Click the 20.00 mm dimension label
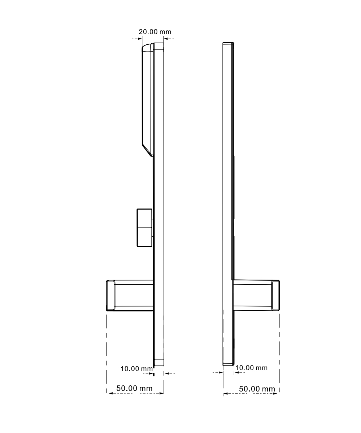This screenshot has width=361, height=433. (155, 32)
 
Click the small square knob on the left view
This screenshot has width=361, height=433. (144, 228)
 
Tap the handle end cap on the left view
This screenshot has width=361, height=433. (110, 296)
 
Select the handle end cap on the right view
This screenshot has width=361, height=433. (276, 295)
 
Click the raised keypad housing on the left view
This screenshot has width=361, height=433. (148, 100)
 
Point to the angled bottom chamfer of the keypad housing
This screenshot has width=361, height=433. (147, 150)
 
